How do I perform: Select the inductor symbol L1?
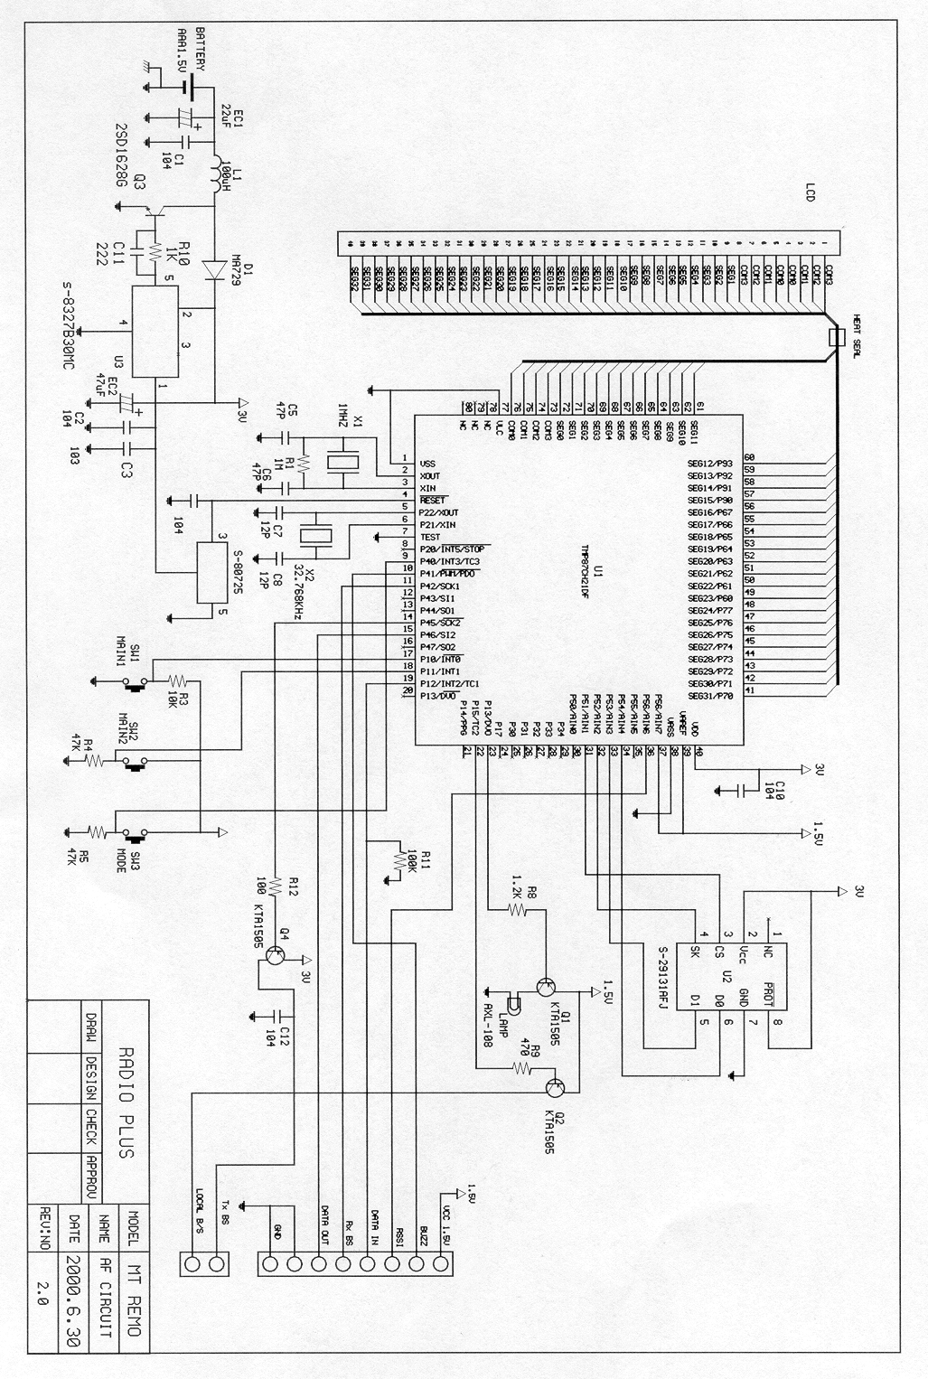point(216,175)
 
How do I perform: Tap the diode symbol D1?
point(215,268)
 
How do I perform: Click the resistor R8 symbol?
point(517,907)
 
